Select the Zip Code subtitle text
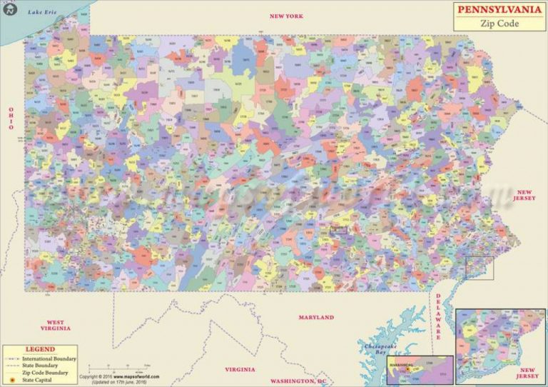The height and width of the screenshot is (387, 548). tap(498, 24)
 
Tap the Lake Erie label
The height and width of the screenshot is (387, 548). tap(41, 12)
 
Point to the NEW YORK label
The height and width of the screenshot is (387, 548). tap(285, 16)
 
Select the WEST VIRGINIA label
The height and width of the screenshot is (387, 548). tap(56, 326)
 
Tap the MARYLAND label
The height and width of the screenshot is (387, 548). tap(316, 317)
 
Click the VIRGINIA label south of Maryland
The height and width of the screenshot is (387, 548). tap(240, 369)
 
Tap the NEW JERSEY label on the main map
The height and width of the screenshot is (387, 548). tap(525, 196)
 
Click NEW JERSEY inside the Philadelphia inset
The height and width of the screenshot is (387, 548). tap(527, 373)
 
